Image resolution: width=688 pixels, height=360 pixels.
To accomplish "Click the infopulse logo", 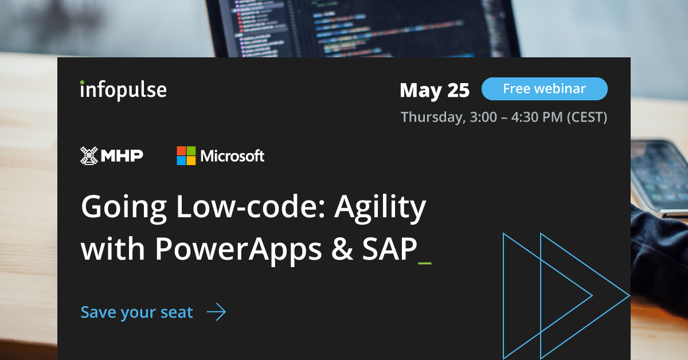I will pyautogui.click(x=123, y=89).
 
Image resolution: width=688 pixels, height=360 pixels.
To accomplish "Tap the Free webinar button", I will pyautogui.click(x=544, y=89).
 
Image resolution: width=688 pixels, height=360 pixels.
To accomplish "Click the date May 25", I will pyautogui.click(x=435, y=90).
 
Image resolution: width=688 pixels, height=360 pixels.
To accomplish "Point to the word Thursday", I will pyautogui.click(x=431, y=117).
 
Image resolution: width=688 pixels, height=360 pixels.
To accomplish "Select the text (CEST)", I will pyautogui.click(x=587, y=117).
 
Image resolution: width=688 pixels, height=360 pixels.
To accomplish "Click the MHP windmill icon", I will pyautogui.click(x=89, y=155).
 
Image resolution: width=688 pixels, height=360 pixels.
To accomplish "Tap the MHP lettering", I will pyautogui.click(x=122, y=155).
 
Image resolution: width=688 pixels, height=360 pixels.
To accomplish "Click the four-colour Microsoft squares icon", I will pyautogui.click(x=186, y=155).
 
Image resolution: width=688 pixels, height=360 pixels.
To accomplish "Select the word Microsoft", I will pyautogui.click(x=232, y=155).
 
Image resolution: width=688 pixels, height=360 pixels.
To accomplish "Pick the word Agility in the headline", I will pyautogui.click(x=380, y=208).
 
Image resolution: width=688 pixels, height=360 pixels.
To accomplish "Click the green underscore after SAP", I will pyautogui.click(x=425, y=263).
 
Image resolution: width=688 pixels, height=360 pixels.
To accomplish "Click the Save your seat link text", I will pyautogui.click(x=136, y=312).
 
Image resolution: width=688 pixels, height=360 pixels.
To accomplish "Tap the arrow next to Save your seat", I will pyautogui.click(x=216, y=312).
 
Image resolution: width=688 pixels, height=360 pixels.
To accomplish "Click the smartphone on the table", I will pyautogui.click(x=659, y=172).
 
